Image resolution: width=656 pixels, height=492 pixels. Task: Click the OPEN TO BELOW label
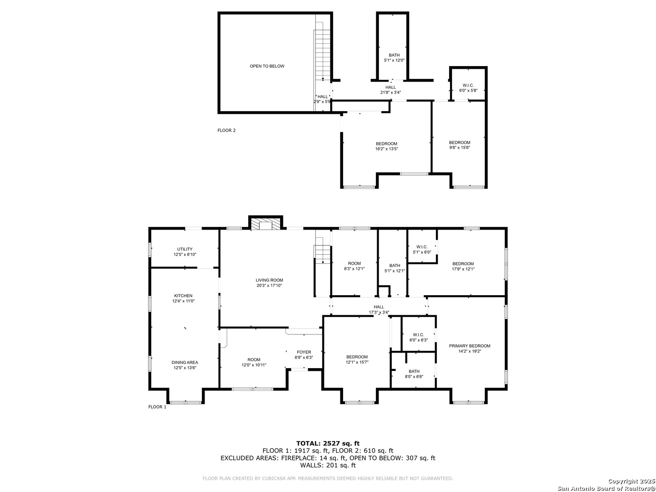[x=267, y=66]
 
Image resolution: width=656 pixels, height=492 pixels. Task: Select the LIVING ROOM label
[x=269, y=280]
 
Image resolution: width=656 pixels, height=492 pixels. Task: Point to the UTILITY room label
[x=184, y=249]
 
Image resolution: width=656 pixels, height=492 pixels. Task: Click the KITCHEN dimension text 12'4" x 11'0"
[x=183, y=301]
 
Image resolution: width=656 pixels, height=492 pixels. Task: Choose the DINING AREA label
[x=184, y=363]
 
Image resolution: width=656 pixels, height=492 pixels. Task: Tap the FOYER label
[x=304, y=352]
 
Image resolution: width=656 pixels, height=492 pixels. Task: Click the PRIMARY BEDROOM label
[x=470, y=346]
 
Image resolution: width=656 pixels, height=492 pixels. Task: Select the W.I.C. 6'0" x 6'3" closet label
[x=418, y=338]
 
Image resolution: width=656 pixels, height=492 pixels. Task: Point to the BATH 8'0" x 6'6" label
[x=414, y=374]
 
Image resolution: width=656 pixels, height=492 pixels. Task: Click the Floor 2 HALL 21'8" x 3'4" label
[x=390, y=90]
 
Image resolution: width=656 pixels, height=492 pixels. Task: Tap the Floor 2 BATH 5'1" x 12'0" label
[x=394, y=58]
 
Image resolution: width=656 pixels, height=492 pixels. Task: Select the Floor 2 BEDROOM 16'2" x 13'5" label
[x=386, y=146]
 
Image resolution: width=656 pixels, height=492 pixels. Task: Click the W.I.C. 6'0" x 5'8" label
[x=468, y=88]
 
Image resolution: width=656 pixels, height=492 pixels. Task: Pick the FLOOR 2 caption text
[x=226, y=130]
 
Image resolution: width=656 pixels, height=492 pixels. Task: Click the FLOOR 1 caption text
[x=157, y=407]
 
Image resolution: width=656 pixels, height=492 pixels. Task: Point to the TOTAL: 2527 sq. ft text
[x=328, y=443]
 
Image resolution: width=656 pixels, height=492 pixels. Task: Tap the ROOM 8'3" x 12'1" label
[x=354, y=266]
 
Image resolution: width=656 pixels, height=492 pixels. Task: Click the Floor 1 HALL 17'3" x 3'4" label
[x=379, y=309]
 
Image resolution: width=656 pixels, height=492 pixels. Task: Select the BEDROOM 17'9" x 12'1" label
[x=463, y=266]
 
